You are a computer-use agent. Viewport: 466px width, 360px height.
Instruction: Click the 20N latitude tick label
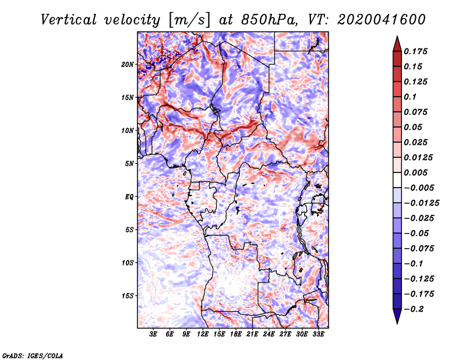[128, 65]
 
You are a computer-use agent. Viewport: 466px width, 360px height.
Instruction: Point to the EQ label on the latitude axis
[129, 197]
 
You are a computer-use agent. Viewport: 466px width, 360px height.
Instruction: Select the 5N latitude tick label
[129, 164]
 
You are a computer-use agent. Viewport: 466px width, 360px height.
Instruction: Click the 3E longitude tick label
[153, 334]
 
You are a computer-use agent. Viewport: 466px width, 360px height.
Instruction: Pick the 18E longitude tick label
[236, 334]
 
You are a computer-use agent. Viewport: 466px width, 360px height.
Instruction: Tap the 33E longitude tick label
[318, 334]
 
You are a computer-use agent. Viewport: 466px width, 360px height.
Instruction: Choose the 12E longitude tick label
[203, 334]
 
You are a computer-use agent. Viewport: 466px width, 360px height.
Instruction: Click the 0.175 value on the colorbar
[415, 51]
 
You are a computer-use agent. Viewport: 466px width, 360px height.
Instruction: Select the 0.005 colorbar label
[415, 172]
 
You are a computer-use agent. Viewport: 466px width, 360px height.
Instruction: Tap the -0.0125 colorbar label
[421, 203]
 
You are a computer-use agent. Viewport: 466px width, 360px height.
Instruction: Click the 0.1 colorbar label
[410, 97]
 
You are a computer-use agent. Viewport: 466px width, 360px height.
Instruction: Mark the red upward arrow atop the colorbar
[397, 44]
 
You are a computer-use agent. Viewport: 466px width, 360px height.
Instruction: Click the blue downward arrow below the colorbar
[397, 316]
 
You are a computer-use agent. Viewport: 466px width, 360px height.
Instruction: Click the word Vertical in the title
[69, 20]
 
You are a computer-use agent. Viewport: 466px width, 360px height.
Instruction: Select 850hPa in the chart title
[268, 20]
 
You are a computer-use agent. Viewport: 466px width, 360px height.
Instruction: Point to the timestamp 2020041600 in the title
[381, 20]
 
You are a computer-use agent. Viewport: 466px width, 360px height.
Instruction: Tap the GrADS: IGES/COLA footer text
[33, 356]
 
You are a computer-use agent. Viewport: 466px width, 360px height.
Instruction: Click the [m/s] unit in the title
[189, 20]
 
